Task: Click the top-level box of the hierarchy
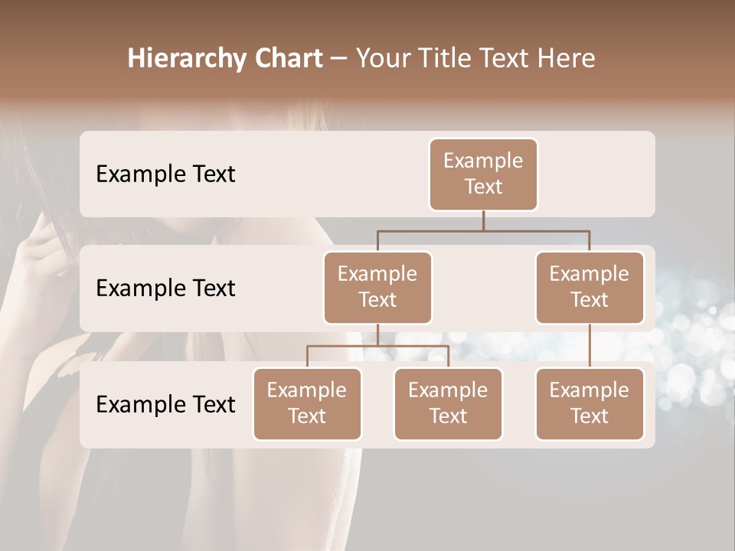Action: coord(483,174)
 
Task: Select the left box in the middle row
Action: coord(377,287)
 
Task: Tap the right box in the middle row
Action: coord(590,287)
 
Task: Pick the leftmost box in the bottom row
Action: coord(307,403)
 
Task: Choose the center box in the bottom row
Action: coord(448,403)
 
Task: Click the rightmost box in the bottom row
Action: coord(590,403)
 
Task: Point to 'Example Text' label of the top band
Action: coord(165,174)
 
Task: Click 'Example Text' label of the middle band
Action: coord(165,289)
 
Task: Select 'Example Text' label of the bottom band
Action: coord(165,405)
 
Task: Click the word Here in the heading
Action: coord(565,59)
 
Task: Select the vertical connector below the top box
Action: coord(483,220)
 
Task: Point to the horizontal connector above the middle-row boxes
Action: coord(483,230)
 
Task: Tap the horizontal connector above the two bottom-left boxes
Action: coord(377,347)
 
